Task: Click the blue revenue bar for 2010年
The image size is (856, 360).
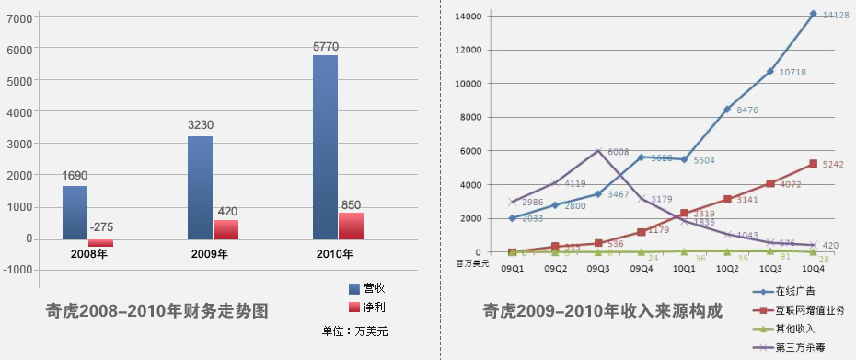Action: pyautogui.click(x=325, y=147)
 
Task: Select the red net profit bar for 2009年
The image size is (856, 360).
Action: pyautogui.click(x=226, y=229)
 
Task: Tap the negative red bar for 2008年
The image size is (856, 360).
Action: pyautogui.click(x=100, y=243)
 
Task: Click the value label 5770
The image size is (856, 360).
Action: pyautogui.click(x=326, y=46)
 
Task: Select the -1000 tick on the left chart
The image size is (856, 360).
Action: pyautogui.click(x=22, y=271)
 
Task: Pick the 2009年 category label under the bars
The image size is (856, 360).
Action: pyautogui.click(x=211, y=253)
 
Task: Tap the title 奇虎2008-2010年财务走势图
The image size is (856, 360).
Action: pyautogui.click(x=157, y=311)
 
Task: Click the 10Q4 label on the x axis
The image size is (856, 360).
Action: pyautogui.click(x=814, y=268)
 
